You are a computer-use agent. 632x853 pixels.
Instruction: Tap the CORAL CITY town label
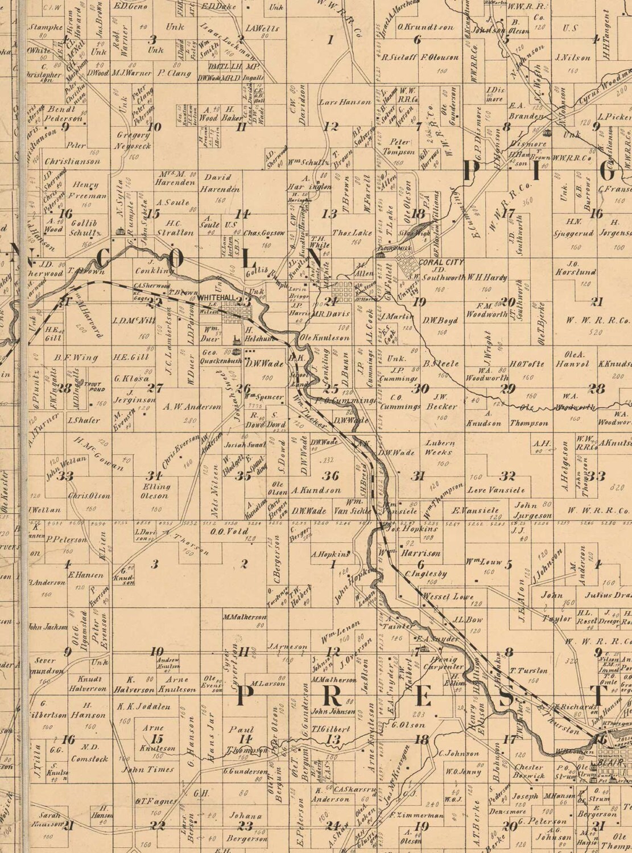coord(441,262)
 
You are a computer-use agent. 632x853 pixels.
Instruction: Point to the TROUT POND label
coord(93,385)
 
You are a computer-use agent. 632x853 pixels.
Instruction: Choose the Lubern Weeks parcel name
coord(440,448)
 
